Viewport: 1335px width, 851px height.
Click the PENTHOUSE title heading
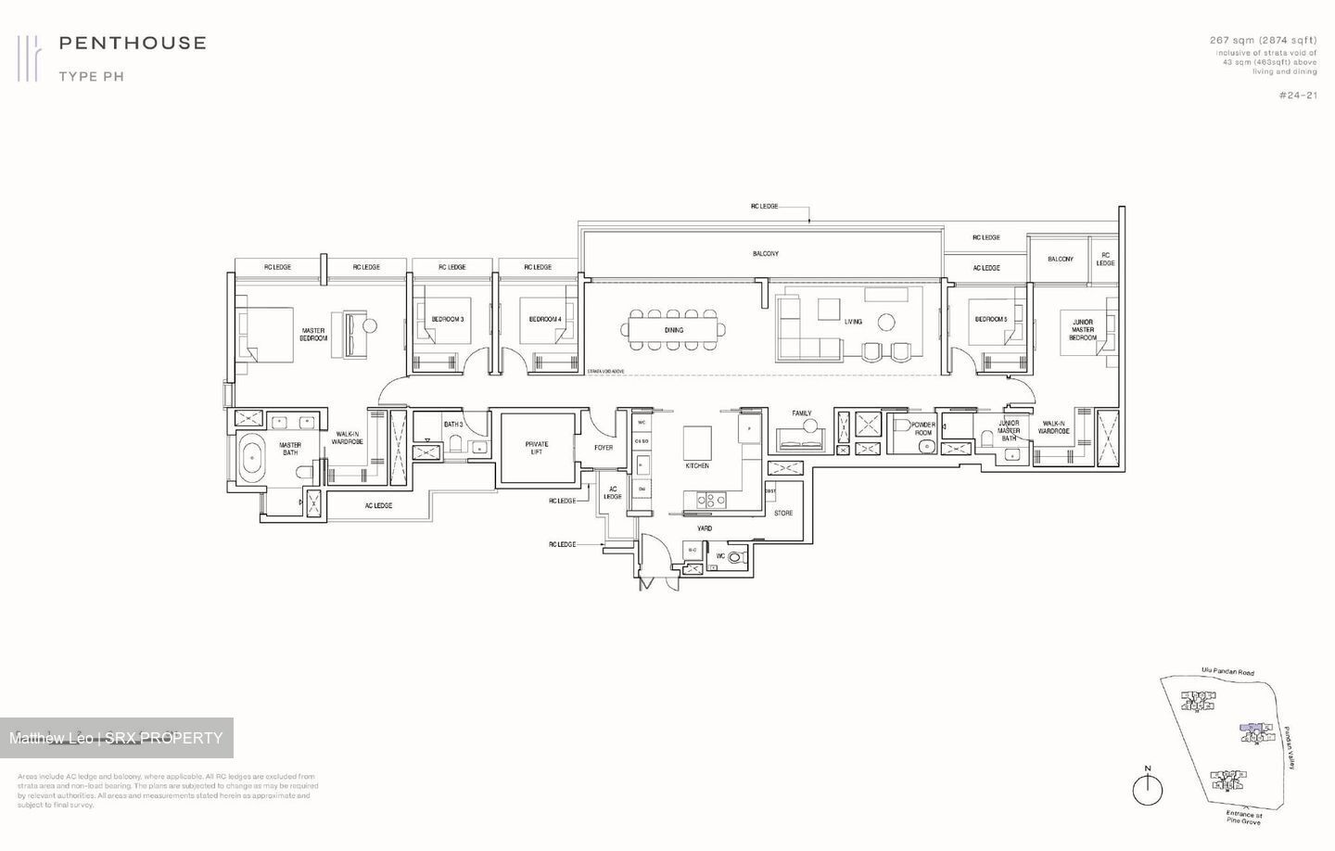click(133, 43)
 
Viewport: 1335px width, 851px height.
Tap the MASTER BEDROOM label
click(313, 335)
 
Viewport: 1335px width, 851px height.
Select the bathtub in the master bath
click(250, 458)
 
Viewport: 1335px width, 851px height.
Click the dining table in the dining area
click(674, 330)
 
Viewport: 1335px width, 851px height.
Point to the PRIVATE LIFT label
click(536, 448)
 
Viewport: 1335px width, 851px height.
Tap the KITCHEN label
click(697, 465)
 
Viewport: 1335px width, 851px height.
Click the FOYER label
click(604, 448)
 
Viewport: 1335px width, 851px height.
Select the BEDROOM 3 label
click(447, 320)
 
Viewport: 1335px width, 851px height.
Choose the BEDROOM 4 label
click(545, 320)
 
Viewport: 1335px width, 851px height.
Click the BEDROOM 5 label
click(990, 320)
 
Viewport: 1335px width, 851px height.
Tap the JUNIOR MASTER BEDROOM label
click(1083, 330)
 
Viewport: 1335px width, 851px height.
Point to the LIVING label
click(853, 322)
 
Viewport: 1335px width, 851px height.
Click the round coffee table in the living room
click(886, 322)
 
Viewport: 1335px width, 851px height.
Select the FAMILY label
click(802, 413)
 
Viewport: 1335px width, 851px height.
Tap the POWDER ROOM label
click(922, 428)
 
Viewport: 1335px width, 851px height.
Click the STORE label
click(783, 513)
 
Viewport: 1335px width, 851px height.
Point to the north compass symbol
click(1148, 788)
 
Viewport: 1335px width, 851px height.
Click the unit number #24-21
click(1297, 95)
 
